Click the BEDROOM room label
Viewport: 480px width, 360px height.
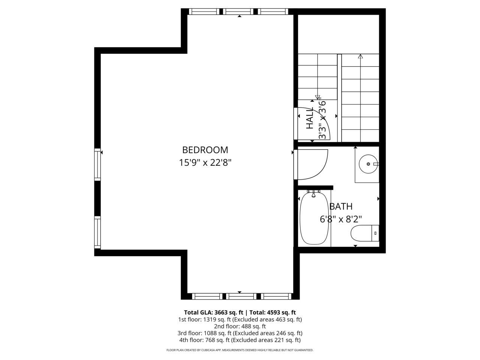coord(205,150)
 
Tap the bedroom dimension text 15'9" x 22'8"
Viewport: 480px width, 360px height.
coord(205,163)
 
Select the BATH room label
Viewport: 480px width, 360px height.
coord(341,206)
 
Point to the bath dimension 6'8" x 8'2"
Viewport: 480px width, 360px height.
coord(341,219)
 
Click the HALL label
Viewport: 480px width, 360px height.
coord(310,118)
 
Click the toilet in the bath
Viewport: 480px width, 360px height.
coord(364,233)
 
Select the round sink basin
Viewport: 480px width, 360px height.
coord(367,164)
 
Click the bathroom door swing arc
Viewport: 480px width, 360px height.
coord(315,165)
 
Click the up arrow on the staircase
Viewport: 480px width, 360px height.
coord(361,57)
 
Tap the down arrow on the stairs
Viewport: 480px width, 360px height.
coord(318,97)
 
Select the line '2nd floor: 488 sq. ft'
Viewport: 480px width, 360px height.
coord(240,326)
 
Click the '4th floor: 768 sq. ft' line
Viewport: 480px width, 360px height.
coord(240,340)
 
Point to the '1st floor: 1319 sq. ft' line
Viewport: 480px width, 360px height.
coord(240,319)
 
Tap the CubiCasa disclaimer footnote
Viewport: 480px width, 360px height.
coord(240,350)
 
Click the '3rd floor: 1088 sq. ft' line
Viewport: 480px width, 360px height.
coord(240,333)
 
